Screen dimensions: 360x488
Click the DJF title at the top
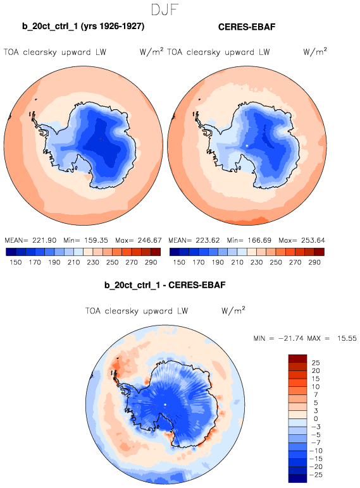tap(164, 9)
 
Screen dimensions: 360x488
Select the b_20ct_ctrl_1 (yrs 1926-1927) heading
tap(83, 26)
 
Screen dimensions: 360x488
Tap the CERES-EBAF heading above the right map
tap(247, 27)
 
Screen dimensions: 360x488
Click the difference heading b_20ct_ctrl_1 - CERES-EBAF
tap(164, 285)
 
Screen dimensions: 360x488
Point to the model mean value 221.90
tap(44, 240)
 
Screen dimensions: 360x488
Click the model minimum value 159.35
tap(96, 240)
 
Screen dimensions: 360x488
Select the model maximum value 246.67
tap(149, 240)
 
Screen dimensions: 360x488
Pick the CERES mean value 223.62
tap(208, 240)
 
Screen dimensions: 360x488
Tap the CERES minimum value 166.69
tap(259, 240)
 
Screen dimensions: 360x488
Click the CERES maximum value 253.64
tap(313, 240)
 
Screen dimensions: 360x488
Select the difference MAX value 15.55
tap(347, 338)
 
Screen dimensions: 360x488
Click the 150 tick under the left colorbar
tap(16, 262)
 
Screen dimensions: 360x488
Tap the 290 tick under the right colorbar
tap(314, 262)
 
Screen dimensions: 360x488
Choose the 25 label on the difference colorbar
tap(316, 363)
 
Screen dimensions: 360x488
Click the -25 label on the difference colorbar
tap(316, 475)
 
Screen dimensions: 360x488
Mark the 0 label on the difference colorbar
tap(316, 418)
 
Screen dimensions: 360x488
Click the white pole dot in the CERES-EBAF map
tap(247, 145)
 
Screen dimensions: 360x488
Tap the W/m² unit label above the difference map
tap(233, 310)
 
